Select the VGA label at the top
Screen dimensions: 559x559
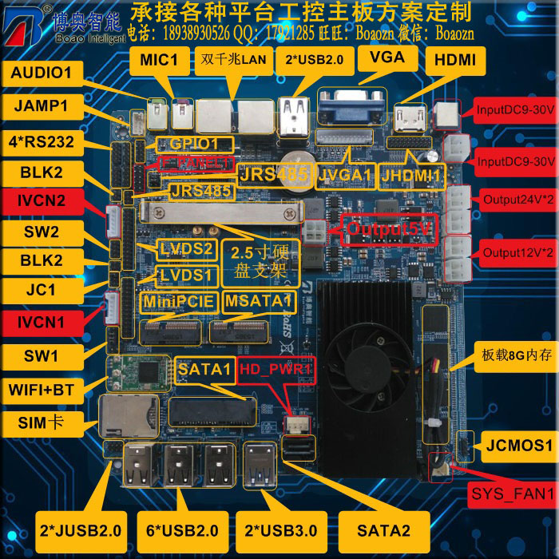click(x=387, y=57)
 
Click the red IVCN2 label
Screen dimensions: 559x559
click(x=38, y=204)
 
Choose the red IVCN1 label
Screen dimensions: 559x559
click(x=38, y=323)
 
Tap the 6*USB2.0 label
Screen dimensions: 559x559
click(x=182, y=529)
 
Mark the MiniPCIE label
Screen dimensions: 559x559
click(x=178, y=301)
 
